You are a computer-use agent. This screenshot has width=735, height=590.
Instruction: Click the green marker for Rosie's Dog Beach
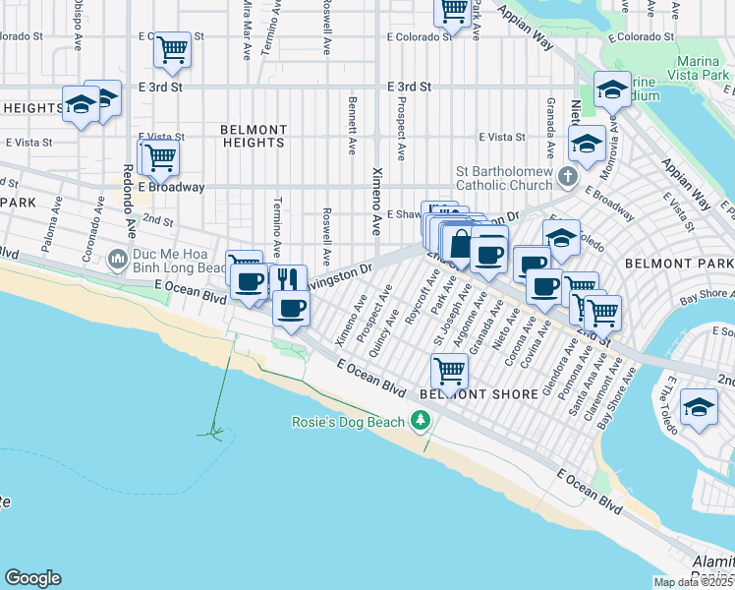[422, 421]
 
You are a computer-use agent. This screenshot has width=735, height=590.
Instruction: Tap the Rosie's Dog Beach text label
[351, 422]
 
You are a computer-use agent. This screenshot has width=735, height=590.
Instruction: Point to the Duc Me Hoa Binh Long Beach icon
[118, 261]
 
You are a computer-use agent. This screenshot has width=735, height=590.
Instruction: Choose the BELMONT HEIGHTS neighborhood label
[254, 136]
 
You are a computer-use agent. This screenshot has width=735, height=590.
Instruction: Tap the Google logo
[32, 578]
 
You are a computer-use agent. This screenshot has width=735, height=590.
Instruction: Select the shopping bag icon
[459, 242]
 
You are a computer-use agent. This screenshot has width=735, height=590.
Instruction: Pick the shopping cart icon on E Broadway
[160, 155]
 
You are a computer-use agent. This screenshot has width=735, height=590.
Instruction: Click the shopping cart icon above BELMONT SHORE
[449, 370]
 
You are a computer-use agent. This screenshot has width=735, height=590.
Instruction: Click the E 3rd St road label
[410, 87]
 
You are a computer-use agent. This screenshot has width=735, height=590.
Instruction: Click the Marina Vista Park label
[679, 68]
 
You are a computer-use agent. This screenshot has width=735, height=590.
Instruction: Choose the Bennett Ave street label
[352, 125]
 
